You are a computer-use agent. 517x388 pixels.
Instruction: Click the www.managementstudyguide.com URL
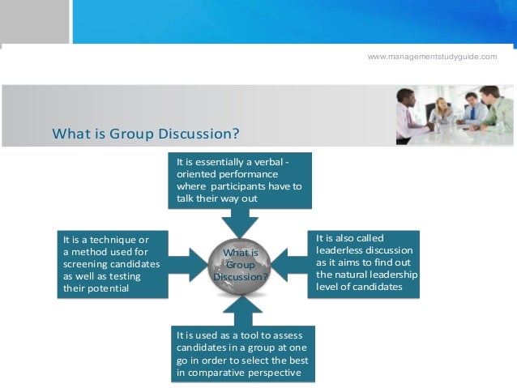pyautogui.click(x=432, y=56)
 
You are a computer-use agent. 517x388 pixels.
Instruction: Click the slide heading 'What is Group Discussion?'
pyautogui.click(x=146, y=133)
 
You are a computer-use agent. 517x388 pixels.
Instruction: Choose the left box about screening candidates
pyautogui.click(x=113, y=264)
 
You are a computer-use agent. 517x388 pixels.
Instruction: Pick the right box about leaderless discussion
pyautogui.click(x=363, y=263)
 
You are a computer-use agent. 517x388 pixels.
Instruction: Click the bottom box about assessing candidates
pyautogui.click(x=244, y=353)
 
